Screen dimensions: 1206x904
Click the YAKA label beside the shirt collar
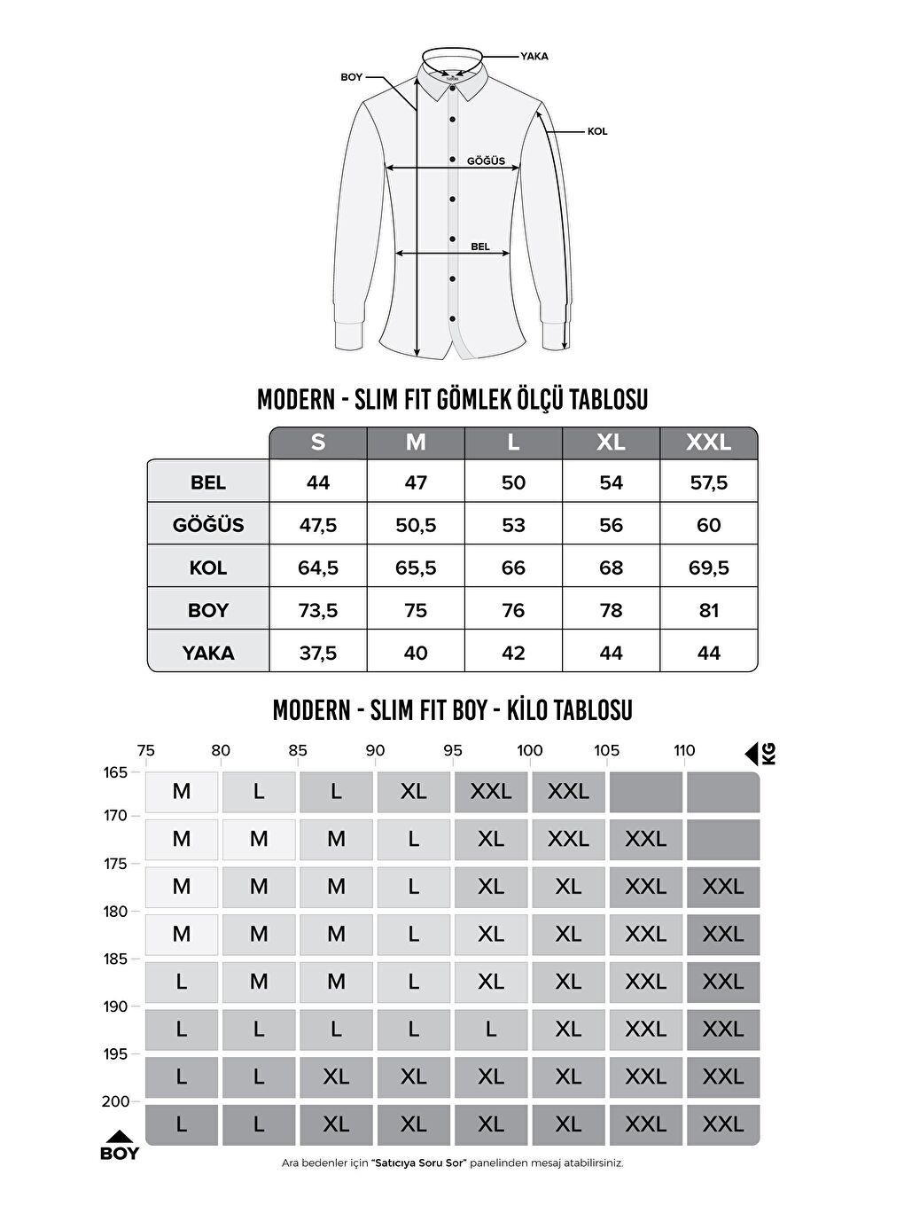[534, 56]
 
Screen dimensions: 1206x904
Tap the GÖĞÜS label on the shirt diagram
[486, 161]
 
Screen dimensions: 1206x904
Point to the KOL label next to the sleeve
[597, 131]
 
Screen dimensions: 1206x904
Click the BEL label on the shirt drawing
[479, 247]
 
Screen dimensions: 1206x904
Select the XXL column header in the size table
[708, 442]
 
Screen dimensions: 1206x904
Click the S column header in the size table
[318, 442]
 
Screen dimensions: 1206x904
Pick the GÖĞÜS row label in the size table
[208, 525]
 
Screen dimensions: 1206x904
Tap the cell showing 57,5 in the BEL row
[708, 482]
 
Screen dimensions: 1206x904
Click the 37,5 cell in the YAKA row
[318, 654]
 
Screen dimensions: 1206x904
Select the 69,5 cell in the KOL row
[708, 568]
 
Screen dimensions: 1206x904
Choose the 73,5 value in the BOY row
[318, 610]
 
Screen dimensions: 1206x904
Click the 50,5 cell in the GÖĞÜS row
[416, 525]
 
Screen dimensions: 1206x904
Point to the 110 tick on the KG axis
[684, 750]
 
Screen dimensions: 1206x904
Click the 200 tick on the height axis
[116, 1101]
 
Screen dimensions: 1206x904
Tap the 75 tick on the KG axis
[146, 750]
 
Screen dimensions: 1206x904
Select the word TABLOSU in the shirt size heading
[610, 400]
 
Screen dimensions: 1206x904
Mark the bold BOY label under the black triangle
[120, 1154]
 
